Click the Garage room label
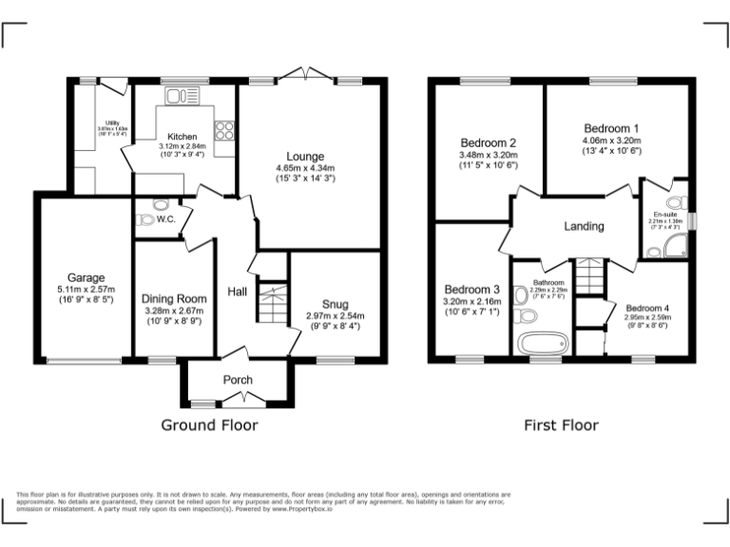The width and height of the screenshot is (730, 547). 86,278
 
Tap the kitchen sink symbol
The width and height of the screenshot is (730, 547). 179,95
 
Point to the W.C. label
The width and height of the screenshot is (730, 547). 166,219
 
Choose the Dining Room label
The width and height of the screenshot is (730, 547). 173,298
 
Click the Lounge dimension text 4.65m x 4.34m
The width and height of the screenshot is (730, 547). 305,168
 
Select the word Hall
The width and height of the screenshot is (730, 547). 238,292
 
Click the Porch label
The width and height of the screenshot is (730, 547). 238,380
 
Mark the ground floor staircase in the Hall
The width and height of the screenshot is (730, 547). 273,304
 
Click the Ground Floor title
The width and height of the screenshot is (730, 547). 208,425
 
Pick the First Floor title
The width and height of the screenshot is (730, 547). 561,425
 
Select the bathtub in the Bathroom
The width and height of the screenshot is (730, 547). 540,342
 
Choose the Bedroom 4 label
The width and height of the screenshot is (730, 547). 646,308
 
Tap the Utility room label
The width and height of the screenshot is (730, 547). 110,123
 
